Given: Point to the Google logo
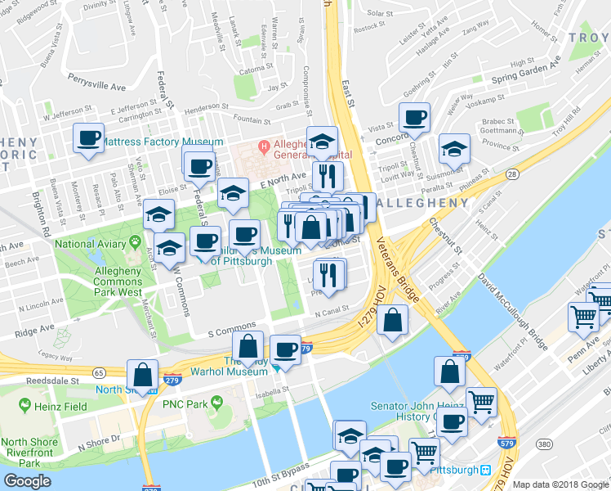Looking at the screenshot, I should pyautogui.click(x=27, y=481).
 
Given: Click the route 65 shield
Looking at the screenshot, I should pyautogui.click(x=99, y=372).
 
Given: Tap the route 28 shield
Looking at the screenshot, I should pyautogui.click(x=511, y=173).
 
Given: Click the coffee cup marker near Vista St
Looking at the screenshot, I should pyautogui.click(x=414, y=117).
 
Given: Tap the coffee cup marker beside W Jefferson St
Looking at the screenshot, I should pyautogui.click(x=88, y=137).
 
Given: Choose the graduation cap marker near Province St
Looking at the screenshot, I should pyautogui.click(x=454, y=149).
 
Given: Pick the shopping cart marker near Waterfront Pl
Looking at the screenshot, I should pyautogui.click(x=584, y=316).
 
